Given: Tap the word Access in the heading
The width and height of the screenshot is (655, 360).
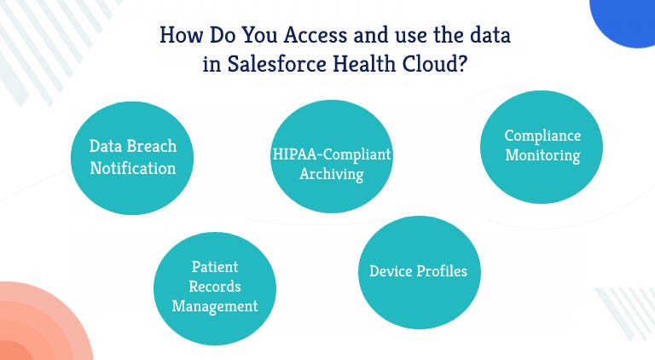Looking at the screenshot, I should point(302,37).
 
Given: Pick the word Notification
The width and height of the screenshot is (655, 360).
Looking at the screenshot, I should point(133,167).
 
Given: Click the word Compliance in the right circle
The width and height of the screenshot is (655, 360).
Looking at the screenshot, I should point(542,136).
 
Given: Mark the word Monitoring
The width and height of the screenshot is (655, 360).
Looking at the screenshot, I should point(542,155).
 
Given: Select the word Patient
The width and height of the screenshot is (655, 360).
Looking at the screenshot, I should point(214,267).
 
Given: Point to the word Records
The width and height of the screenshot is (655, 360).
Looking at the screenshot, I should point(214,286).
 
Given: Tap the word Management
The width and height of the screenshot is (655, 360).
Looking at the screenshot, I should point(214,305).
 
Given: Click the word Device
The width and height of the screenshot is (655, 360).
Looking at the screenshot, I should point(391,271).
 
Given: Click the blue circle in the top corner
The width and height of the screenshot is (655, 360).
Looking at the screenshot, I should point(627,19).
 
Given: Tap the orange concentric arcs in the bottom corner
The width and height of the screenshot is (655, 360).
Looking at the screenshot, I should point(34,328).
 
